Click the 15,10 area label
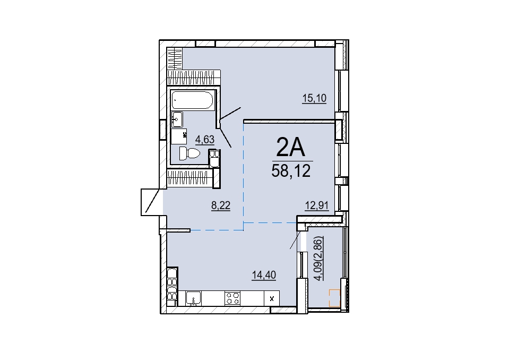coord(314,98)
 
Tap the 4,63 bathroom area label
coord(204,140)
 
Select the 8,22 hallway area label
coord(221,205)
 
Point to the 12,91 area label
coord(316,205)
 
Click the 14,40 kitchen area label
coord(264,275)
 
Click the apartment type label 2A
coord(290,147)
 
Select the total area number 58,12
coord(291,171)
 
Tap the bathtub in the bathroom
coord(192,100)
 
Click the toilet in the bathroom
coord(189,153)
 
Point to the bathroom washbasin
coord(177,119)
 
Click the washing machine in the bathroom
coord(179,136)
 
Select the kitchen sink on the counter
coord(194,298)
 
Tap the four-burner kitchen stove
coord(233,298)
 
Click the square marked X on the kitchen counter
coord(272,298)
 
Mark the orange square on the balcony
coord(334,298)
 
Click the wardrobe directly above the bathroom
coord(194,78)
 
